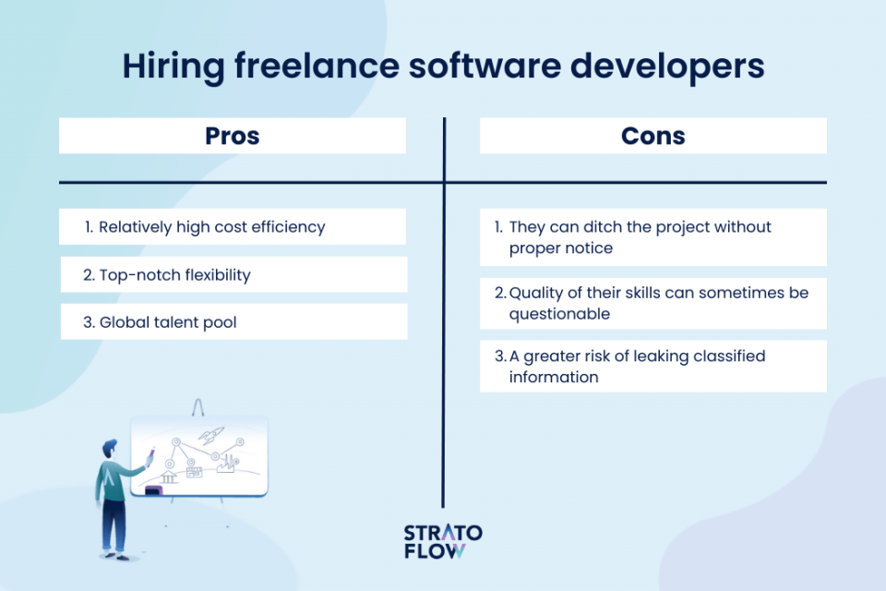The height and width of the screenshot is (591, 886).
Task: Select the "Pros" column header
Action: (232, 136)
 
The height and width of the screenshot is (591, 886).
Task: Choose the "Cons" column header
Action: (653, 136)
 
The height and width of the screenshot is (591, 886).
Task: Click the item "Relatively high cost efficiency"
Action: (211, 226)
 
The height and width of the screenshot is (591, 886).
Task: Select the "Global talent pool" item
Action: (161, 321)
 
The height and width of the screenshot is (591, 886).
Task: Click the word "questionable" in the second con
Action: (559, 313)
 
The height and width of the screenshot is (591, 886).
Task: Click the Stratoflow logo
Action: (443, 542)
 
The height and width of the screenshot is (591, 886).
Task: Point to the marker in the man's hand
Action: (150, 455)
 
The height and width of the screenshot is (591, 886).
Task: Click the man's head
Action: (110, 447)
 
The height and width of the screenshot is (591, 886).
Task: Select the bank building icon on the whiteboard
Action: (168, 475)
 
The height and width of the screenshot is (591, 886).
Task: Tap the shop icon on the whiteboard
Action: (194, 473)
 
